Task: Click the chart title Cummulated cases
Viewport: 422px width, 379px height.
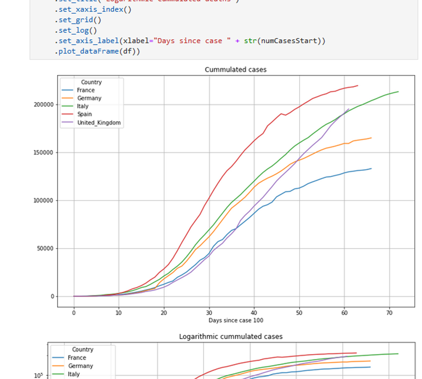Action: coord(235,69)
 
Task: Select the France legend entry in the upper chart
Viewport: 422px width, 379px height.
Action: coord(85,90)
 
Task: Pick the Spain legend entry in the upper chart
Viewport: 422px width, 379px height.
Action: coord(84,114)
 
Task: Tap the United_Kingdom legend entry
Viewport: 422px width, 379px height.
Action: coord(98,122)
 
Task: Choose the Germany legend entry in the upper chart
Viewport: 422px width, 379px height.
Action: coord(89,98)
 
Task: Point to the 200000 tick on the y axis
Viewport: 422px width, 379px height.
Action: coord(43,104)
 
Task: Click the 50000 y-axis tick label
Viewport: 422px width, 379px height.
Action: coord(44,248)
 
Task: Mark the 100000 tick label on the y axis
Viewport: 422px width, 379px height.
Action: coord(43,200)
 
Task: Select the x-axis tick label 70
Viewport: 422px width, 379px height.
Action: coord(389,313)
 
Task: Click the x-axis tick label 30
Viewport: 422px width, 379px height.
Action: coord(209,313)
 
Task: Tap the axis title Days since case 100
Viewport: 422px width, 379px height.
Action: coord(235,320)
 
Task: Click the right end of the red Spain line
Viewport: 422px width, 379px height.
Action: coord(357,85)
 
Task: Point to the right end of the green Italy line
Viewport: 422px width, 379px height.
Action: coord(398,91)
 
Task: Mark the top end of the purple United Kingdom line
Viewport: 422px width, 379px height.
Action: coord(349,109)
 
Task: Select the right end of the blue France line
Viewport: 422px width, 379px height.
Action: coord(371,168)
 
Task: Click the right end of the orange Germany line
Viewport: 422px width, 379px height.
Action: coord(371,138)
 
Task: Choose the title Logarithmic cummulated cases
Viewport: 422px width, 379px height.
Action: coord(230,336)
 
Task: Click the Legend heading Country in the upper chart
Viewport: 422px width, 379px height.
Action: coord(91,82)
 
